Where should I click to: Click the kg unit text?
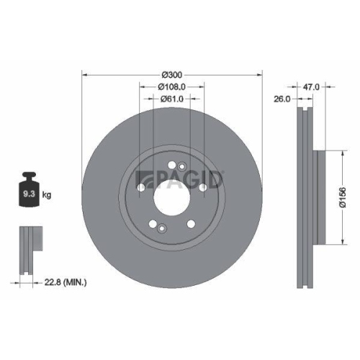click(x=48, y=195)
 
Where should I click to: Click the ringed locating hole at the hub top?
click(x=173, y=166)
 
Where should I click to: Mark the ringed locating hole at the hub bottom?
click(x=162, y=230)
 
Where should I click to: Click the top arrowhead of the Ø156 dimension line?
click(x=338, y=152)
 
